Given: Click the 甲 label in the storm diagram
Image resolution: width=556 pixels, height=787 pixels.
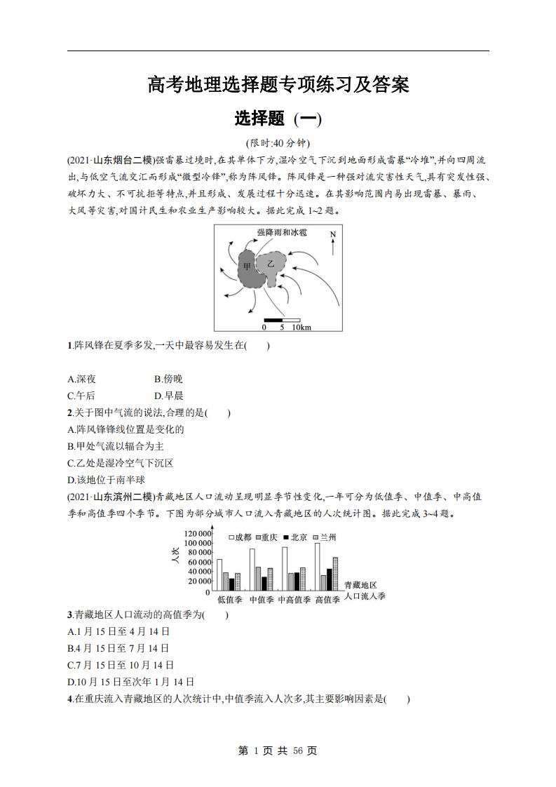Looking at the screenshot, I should pyautogui.click(x=247, y=267).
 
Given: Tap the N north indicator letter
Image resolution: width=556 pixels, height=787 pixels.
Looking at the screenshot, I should pyautogui.click(x=334, y=234).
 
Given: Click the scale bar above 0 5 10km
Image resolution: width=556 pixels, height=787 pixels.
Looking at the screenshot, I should pyautogui.click(x=281, y=320).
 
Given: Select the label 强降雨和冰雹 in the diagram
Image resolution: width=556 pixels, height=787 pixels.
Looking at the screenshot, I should pyautogui.click(x=281, y=231).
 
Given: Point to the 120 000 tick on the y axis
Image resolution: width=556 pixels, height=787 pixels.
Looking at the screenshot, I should pyautogui.click(x=197, y=534).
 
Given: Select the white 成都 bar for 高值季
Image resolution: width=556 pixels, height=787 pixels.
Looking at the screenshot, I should pyautogui.click(x=317, y=567).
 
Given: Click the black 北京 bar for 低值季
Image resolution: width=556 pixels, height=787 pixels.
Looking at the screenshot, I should pyautogui.click(x=232, y=584).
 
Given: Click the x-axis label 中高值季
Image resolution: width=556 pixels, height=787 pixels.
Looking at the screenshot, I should pyautogui.click(x=294, y=600).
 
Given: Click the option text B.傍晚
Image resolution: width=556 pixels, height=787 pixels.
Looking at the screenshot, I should pyautogui.click(x=168, y=379).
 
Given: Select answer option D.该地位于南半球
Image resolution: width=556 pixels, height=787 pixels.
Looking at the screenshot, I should pyautogui.click(x=106, y=480).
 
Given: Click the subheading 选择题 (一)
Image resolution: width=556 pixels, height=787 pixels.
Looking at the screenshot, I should pyautogui.click(x=278, y=119).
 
